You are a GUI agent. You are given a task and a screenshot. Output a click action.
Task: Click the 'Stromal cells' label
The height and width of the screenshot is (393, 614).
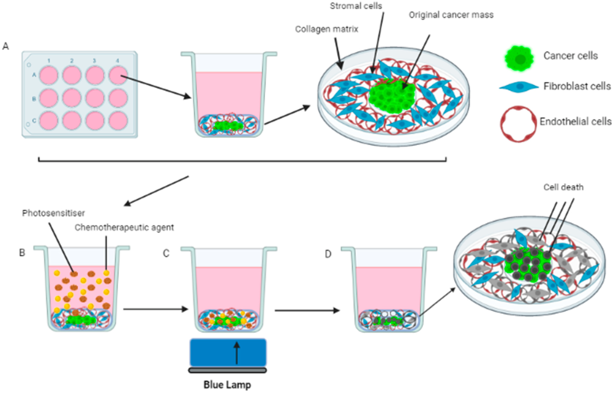pyautogui.click(x=356, y=6)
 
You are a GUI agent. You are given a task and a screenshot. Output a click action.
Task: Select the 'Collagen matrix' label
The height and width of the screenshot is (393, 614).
pyautogui.click(x=326, y=29)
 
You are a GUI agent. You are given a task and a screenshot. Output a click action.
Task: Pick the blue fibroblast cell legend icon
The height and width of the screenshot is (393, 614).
pyautogui.click(x=519, y=87)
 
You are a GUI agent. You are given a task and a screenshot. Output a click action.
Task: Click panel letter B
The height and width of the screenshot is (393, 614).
pyautogui.click(x=22, y=253)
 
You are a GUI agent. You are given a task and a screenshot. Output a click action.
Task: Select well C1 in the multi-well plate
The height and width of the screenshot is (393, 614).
pyautogui.click(x=49, y=120)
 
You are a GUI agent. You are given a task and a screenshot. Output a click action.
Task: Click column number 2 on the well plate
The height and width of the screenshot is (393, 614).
pyautogui.click(x=72, y=61)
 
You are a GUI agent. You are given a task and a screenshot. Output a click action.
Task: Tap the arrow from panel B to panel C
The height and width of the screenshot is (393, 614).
pyautogui.click(x=156, y=309)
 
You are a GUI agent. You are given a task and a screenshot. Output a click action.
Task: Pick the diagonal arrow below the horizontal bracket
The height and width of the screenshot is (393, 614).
pyautogui.click(x=156, y=191)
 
